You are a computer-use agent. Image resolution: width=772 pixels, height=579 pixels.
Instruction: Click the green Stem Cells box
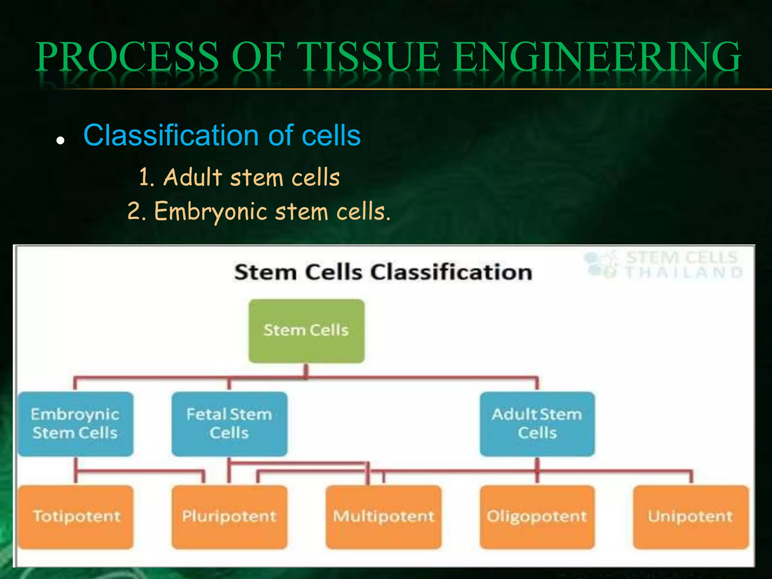pyautogui.click(x=306, y=331)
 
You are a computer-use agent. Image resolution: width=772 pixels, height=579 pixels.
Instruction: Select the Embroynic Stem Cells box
pyautogui.click(x=75, y=424)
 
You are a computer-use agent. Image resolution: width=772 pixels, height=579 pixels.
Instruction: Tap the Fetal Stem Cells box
pyautogui.click(x=229, y=424)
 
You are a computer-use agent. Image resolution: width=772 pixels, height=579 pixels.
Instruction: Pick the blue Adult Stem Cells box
pyautogui.click(x=537, y=424)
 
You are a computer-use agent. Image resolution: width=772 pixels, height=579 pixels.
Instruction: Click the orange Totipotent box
pyautogui.click(x=76, y=516)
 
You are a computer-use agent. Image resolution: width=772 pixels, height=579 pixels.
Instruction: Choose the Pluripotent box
pyautogui.click(x=229, y=516)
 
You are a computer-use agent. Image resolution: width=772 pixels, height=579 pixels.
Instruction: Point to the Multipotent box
pyautogui.click(x=383, y=516)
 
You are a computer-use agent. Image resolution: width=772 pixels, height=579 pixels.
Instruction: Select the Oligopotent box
pyautogui.click(x=537, y=516)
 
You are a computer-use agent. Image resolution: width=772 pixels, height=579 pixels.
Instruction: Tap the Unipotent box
pyautogui.click(x=691, y=516)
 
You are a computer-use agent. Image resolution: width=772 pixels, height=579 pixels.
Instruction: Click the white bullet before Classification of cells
pyautogui.click(x=60, y=141)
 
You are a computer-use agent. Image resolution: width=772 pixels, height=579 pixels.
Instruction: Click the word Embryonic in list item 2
pyautogui.click(x=211, y=211)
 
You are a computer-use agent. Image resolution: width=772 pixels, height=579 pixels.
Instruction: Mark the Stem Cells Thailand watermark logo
pyautogui.click(x=663, y=265)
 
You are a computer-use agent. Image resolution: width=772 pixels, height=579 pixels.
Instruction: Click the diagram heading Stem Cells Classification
pyautogui.click(x=383, y=272)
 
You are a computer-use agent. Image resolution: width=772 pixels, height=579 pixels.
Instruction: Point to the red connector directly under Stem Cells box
pyautogui.click(x=306, y=370)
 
